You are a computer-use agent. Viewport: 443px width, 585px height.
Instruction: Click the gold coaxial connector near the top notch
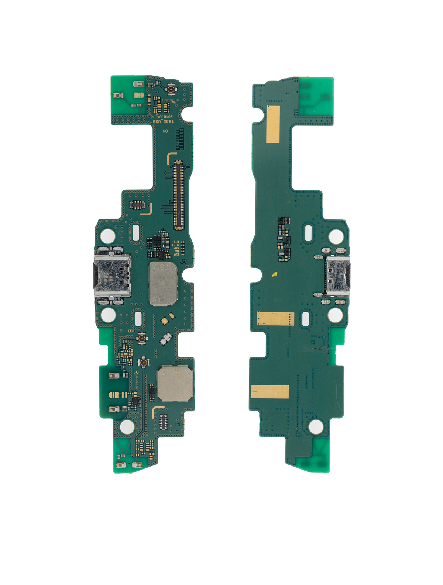point(171,89)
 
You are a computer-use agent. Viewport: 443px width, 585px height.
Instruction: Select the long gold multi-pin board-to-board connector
point(179,195)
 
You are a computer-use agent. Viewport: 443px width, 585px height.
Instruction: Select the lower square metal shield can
point(175,384)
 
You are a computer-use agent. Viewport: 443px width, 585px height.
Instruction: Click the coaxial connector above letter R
point(143,363)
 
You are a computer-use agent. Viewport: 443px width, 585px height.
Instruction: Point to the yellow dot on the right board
point(274,274)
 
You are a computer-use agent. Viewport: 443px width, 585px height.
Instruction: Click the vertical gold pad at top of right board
point(273,124)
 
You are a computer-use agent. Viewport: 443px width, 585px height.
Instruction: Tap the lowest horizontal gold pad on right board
point(270,392)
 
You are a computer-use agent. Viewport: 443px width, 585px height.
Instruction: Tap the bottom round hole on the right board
point(316,427)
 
